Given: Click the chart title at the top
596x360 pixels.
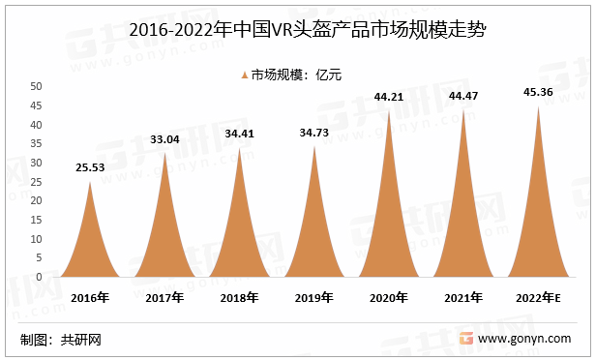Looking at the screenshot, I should (x=297, y=29).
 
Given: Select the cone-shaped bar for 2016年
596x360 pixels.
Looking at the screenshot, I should (x=90, y=242).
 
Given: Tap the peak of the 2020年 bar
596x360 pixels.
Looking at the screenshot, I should (x=389, y=111).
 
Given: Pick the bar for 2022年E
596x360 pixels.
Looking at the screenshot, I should (x=538, y=223).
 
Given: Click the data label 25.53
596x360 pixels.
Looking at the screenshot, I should (x=90, y=168).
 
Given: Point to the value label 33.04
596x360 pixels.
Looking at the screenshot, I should (x=165, y=139).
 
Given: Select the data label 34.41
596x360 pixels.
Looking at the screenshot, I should (x=240, y=134).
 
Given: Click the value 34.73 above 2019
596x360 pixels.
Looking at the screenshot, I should (x=314, y=132).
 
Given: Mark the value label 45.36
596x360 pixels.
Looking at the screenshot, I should (x=538, y=92).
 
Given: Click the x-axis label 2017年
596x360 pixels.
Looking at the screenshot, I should (x=165, y=298).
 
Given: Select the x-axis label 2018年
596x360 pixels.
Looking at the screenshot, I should (x=240, y=298).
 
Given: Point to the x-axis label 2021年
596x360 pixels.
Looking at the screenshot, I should (x=463, y=298).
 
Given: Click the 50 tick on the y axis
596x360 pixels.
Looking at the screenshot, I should (x=36, y=87).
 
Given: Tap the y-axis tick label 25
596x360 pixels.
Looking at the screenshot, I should (x=36, y=182).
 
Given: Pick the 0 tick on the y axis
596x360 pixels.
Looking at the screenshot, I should (x=39, y=277).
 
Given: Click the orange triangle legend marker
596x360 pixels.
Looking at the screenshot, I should (x=243, y=74).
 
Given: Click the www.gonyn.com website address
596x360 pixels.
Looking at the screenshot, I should (x=529, y=340).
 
